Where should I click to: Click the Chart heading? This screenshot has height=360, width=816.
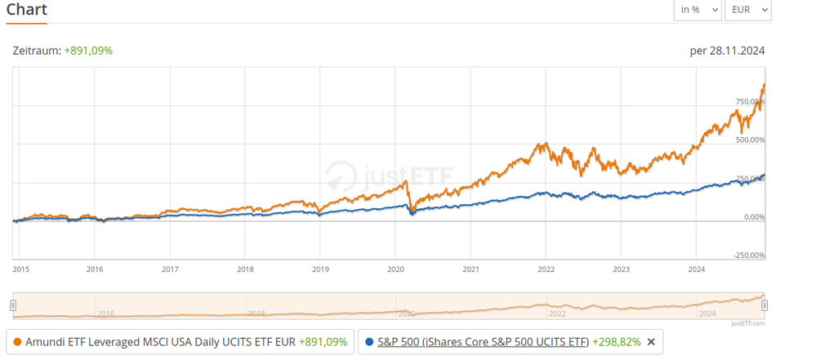click(x=27, y=10)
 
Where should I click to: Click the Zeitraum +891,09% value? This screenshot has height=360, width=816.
click(x=88, y=51)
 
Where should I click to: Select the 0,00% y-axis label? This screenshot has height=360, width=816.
click(x=752, y=217)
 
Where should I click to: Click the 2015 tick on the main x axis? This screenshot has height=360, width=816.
click(x=21, y=268)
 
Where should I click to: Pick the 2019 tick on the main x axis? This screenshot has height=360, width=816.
click(x=320, y=268)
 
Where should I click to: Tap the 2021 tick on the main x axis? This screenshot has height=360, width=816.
click(x=470, y=268)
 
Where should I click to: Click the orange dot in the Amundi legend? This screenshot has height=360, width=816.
click(x=18, y=342)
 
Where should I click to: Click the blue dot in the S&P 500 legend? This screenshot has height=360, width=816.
click(x=370, y=342)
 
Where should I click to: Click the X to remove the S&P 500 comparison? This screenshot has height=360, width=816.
click(x=651, y=342)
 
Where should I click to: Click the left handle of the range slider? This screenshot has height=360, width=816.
click(x=13, y=305)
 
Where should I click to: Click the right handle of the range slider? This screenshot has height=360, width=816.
click(x=765, y=305)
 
